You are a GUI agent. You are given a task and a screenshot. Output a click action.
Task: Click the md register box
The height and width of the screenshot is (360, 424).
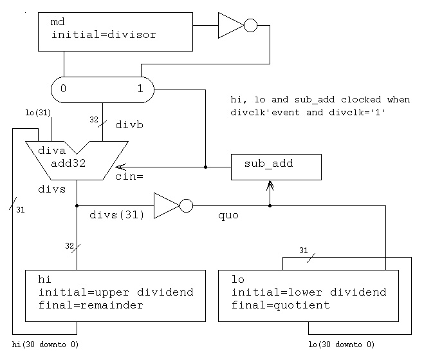coord(115,32)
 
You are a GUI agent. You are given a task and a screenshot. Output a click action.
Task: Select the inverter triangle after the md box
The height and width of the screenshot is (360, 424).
coord(230,26)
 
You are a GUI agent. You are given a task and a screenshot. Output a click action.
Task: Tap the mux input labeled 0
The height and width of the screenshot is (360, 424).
coord(63,89)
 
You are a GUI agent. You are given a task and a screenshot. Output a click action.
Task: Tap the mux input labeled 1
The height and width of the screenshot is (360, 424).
coord(140,89)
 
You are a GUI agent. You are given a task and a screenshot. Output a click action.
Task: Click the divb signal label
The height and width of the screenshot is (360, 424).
coord(129,125)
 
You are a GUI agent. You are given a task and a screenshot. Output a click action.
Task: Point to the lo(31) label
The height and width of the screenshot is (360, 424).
coord(39,113)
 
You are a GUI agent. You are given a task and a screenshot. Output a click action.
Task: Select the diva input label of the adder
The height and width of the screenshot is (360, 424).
coord(52,151)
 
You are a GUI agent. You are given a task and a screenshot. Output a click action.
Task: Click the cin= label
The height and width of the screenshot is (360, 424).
coord(129,176)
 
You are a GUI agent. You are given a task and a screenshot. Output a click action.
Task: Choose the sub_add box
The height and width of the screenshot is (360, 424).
coord(275,167)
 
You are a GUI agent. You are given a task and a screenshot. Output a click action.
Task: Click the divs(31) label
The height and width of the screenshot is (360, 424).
coord(117,215)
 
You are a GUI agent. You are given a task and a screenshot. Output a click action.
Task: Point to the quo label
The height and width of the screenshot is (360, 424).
coord(228,216)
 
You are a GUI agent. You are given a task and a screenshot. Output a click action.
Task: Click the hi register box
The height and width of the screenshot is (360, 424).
coord(115,295)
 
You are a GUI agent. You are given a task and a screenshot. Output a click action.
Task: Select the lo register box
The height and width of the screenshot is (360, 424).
coord(308,295)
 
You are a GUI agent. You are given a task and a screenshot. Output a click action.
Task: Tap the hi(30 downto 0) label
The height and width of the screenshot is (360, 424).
coord(45,345)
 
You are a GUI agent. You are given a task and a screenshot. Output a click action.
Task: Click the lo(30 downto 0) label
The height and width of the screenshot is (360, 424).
coord(341,345)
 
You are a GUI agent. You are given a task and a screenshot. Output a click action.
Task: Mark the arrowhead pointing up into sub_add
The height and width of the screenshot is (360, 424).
coord(270,185)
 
